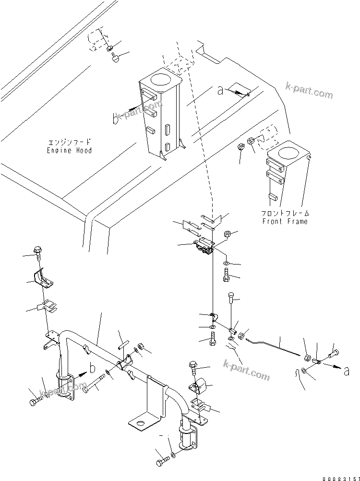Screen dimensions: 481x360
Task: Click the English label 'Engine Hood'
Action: [x=70, y=150]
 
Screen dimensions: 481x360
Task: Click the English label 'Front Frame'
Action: [x=285, y=221]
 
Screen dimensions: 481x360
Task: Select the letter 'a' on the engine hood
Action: [x=221, y=91]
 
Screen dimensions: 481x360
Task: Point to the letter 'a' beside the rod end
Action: [x=347, y=370]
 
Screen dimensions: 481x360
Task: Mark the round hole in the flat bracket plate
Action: [x=141, y=423]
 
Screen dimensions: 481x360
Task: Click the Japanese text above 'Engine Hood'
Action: [x=69, y=143]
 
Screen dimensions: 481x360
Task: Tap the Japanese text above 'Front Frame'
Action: [x=285, y=213]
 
